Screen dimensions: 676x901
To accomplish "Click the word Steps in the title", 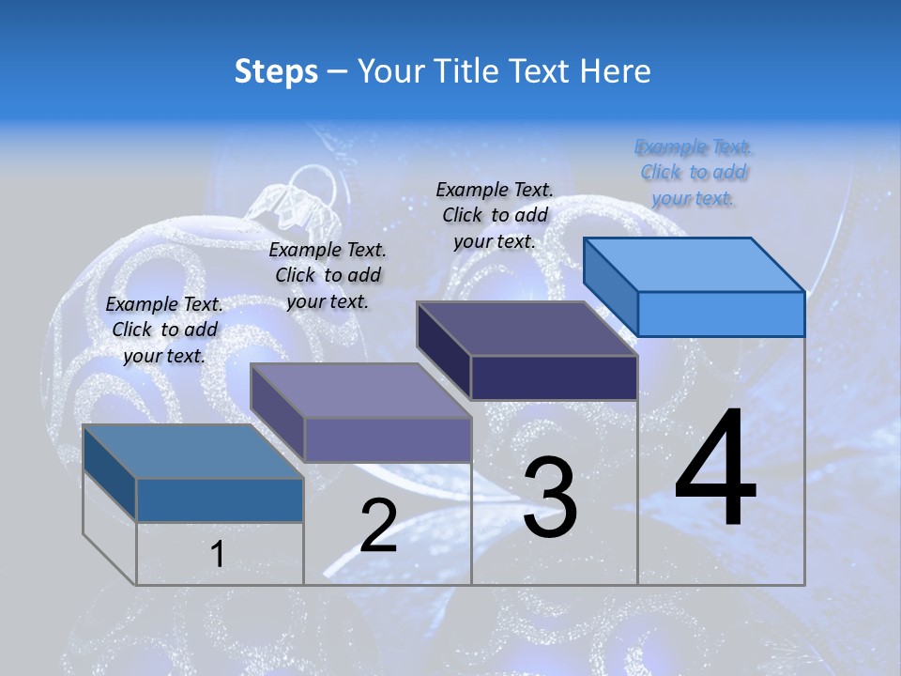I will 276,71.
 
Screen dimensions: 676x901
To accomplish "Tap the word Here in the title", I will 614,71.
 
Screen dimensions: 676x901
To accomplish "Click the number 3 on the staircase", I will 550,497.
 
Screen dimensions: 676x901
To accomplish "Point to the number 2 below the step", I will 378,525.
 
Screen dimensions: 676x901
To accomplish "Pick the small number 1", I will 218,554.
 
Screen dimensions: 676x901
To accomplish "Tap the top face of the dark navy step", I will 527,329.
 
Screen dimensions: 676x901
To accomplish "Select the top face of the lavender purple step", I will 360,391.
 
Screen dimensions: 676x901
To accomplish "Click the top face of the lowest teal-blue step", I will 193,452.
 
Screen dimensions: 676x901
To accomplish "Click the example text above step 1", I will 164,330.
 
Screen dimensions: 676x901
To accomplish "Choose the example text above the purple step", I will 328,275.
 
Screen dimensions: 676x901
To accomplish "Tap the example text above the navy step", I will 495,215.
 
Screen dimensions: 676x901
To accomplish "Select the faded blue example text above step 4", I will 694,172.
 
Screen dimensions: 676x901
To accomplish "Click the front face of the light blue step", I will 721,314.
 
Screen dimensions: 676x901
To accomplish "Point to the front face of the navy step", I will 554,377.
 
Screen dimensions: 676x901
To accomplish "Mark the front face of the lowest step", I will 220,499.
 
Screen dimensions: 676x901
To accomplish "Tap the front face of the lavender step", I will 387,439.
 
